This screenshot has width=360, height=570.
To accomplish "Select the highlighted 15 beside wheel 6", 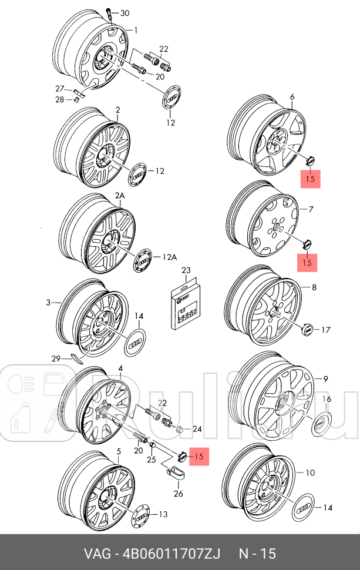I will click(310, 178).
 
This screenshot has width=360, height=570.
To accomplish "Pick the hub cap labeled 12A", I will click(142, 257).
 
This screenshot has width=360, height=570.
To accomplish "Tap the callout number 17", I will click(326, 330).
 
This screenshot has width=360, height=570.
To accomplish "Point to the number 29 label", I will click(56, 358).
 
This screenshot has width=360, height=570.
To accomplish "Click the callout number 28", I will click(60, 99).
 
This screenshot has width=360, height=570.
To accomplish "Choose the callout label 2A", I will click(120, 195).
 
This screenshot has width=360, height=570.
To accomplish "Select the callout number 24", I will click(197, 429).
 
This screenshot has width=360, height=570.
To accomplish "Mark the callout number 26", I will click(178, 493).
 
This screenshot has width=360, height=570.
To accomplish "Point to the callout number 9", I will click(326, 379).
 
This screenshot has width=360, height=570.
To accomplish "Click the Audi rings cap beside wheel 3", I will click(136, 342).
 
